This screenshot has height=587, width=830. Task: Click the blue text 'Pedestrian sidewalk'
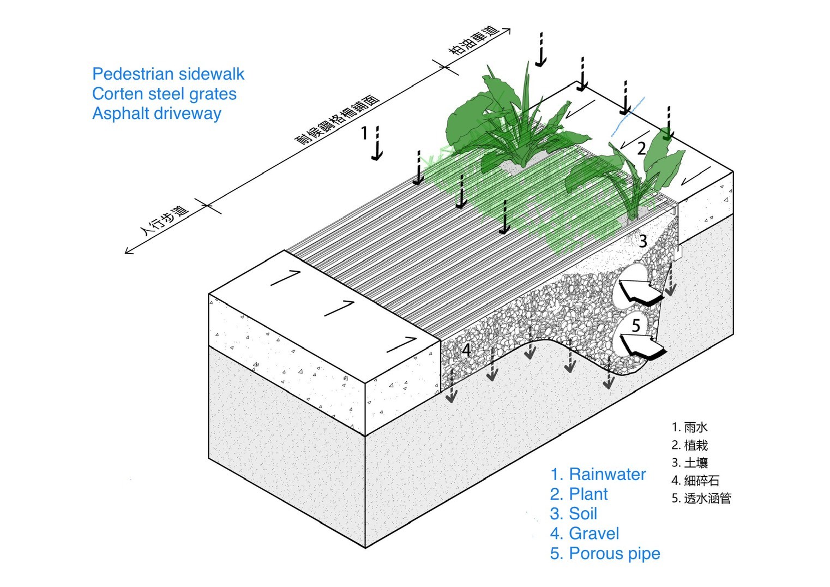(168, 74)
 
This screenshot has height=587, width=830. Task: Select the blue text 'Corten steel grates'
(164, 94)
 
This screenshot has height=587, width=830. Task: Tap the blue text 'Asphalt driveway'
(157, 113)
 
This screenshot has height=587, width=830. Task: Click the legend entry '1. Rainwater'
(598, 475)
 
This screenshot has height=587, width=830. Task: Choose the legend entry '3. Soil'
(573, 514)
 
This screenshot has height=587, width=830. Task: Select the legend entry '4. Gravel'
(584, 534)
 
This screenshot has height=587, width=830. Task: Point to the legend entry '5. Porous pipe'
(605, 554)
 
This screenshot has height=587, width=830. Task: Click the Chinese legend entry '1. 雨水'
(689, 427)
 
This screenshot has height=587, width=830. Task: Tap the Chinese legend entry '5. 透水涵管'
(701, 498)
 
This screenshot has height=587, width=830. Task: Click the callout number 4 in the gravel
(466, 349)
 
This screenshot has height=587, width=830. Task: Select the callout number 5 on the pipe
(636, 326)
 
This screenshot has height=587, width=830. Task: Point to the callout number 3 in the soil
(643, 241)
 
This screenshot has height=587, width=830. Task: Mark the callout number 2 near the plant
(641, 148)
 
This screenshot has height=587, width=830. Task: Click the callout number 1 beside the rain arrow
(365, 133)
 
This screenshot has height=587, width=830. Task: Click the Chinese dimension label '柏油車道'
(473, 41)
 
